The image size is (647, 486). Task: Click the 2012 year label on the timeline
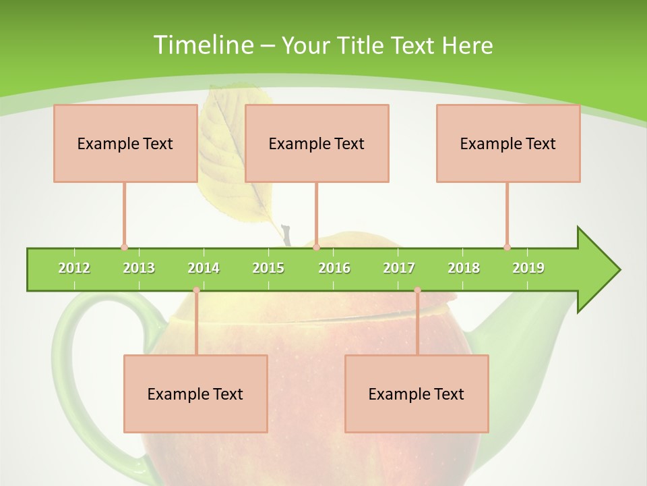pyautogui.click(x=74, y=268)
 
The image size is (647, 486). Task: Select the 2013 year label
pyautogui.click(x=139, y=268)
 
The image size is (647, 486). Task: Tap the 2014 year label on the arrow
pyautogui.click(x=204, y=268)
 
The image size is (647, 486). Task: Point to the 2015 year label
pyautogui.click(x=268, y=268)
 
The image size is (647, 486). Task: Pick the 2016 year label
pyautogui.click(x=334, y=268)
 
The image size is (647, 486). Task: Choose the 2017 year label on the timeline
pyautogui.click(x=399, y=268)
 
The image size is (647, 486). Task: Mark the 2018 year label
pyautogui.click(x=464, y=268)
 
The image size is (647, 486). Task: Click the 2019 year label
pyautogui.click(x=528, y=268)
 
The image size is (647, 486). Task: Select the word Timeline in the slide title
pyautogui.click(x=202, y=45)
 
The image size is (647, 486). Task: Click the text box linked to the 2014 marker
pyautogui.click(x=195, y=394)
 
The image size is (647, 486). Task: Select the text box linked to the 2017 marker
pyautogui.click(x=417, y=394)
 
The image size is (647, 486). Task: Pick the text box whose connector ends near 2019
pyautogui.click(x=508, y=143)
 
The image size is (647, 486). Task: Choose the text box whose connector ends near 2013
pyautogui.click(x=125, y=143)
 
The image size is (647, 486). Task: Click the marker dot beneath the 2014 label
pyautogui.click(x=196, y=290)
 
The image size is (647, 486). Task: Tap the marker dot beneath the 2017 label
pyautogui.click(x=417, y=290)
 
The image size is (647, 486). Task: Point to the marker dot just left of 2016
pyautogui.click(x=316, y=247)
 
